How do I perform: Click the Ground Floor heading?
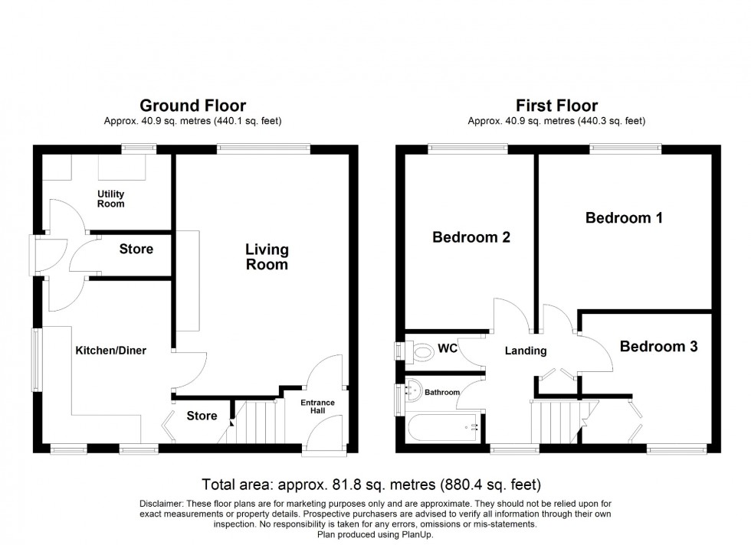(192, 106)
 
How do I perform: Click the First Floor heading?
(556, 106)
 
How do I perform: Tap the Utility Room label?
(111, 199)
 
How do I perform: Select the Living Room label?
(267, 257)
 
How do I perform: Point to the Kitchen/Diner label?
(110, 351)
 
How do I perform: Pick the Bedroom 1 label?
(624, 218)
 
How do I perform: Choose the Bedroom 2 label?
(471, 237)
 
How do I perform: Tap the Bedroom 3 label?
(658, 347)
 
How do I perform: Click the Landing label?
(526, 351)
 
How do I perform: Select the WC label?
(448, 350)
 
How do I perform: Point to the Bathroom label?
(444, 393)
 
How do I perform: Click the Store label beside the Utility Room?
(136, 249)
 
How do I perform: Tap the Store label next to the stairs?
(202, 416)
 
